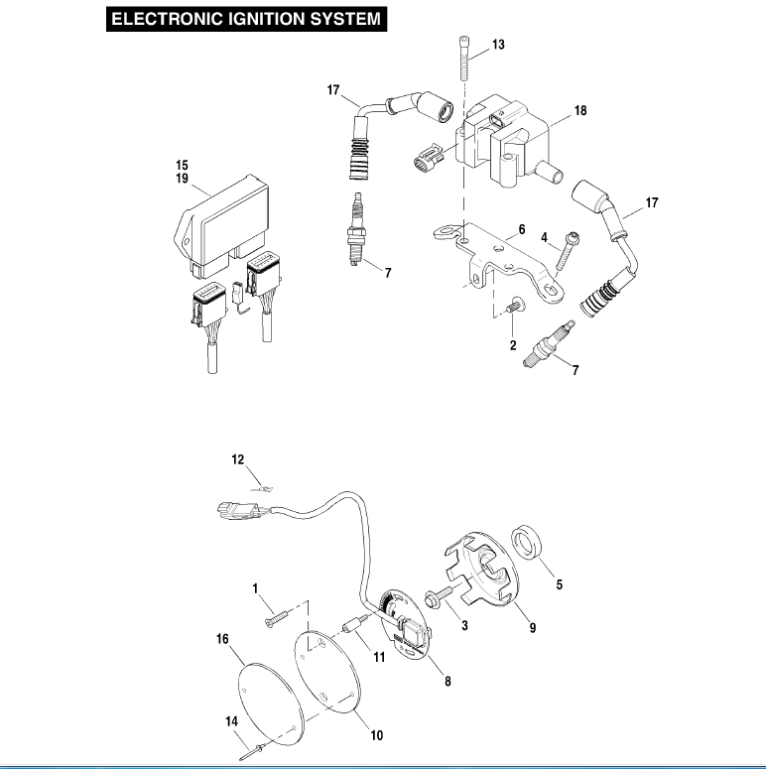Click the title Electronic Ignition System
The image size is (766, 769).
point(245,19)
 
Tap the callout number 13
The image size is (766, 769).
point(498,45)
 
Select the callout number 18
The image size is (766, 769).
point(580,111)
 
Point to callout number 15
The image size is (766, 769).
point(182,165)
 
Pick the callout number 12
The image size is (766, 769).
point(237,459)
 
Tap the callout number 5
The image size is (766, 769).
point(559,585)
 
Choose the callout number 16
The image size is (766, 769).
point(222,640)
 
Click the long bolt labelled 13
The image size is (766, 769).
point(465,64)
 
